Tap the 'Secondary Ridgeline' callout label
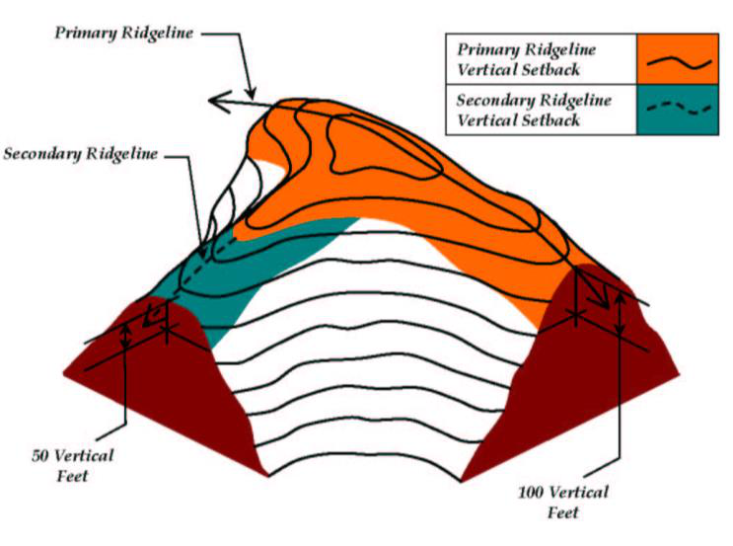click(x=83, y=155)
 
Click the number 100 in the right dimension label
click(x=534, y=493)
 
